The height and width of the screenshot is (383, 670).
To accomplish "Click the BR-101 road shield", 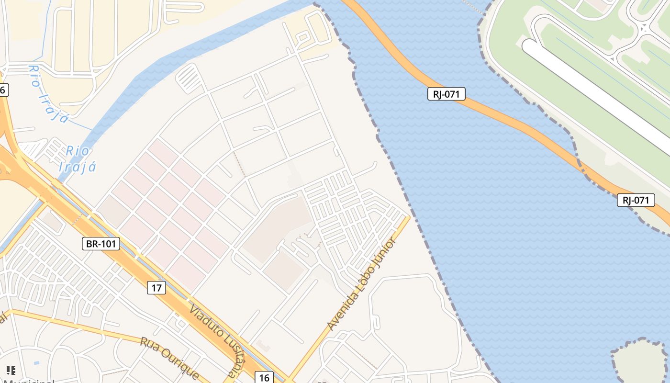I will tap(100, 244).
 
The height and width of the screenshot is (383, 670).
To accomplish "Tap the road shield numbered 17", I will tap(156, 288).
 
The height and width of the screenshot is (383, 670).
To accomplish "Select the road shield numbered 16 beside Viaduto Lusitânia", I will tap(264, 378).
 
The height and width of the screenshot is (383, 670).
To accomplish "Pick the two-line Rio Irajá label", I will tap(78, 159).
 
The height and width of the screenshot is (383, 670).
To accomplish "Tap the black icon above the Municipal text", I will tap(11, 370).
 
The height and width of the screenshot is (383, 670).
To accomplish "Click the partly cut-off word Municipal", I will tap(29, 381).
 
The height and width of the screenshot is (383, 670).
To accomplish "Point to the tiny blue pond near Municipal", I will tap(37, 362).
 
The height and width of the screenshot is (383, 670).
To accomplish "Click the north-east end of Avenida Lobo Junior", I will tap(407, 218).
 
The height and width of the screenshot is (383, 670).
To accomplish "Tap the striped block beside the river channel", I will tap(189, 78).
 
